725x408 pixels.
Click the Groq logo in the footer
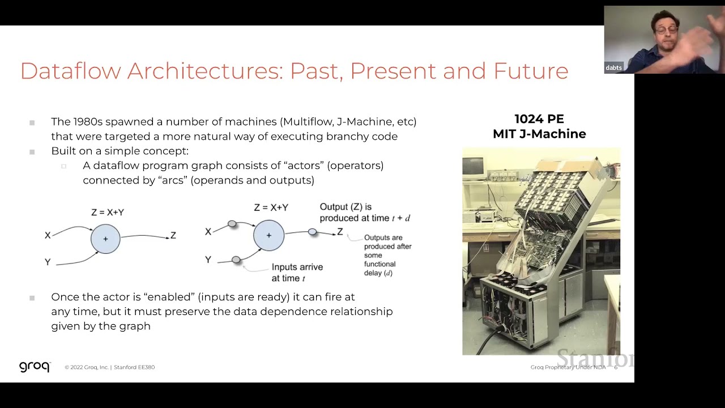[35, 367]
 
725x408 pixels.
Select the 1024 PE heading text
[539, 119]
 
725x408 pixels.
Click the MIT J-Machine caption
[539, 134]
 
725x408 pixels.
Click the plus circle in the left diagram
[105, 239]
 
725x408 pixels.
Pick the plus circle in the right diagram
[268, 235]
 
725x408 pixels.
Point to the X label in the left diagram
[48, 235]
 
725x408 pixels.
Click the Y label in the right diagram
[208, 260]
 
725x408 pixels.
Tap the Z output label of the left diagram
[173, 235]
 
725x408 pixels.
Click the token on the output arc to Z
[312, 232]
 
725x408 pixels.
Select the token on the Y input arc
[236, 260]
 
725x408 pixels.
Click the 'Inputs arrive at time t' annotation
[297, 273]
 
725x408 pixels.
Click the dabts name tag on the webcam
[613, 67]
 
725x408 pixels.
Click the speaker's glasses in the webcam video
[667, 29]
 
